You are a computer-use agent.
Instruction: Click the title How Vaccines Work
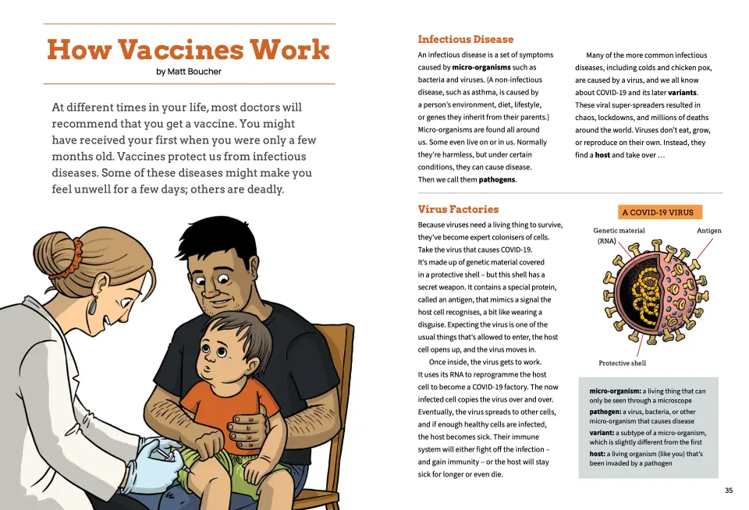(x=188, y=50)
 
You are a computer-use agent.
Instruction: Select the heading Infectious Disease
(x=465, y=39)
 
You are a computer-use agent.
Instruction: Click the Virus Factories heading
(x=458, y=209)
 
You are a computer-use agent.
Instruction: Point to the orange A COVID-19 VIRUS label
(x=658, y=212)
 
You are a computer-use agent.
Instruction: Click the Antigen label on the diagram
(x=708, y=231)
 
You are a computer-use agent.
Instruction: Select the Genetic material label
(x=619, y=231)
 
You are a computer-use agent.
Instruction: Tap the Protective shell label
(x=622, y=363)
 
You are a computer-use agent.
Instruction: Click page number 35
(x=729, y=491)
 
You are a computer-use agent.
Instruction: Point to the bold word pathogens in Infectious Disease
(x=496, y=179)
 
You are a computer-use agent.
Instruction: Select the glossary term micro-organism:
(x=614, y=391)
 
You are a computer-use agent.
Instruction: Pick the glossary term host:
(x=597, y=453)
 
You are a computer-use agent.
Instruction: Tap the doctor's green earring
(x=94, y=305)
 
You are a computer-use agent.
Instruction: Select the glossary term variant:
(x=602, y=433)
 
